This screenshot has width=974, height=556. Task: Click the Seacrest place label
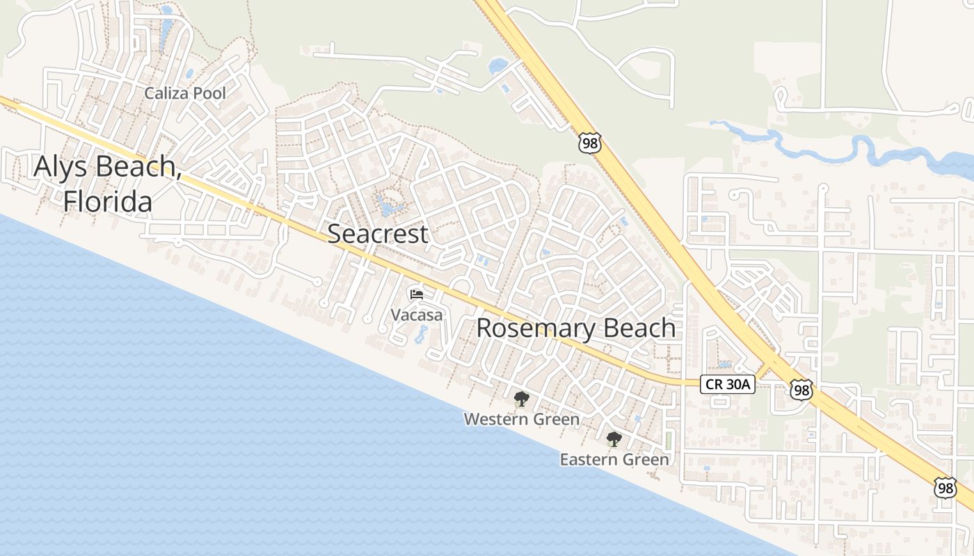pos(378,234)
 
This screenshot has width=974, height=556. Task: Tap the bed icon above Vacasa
pos(417,295)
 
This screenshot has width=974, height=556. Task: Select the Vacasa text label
pos(416,315)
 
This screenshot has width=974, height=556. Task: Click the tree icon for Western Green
pos(521,399)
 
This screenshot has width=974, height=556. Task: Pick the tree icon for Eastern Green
pos(614,439)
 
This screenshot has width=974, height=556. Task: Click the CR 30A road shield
pos(727,384)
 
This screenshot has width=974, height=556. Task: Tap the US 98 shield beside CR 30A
pos(801,390)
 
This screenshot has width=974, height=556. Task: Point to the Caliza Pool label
pos(185,93)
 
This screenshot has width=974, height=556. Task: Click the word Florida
pos(108,202)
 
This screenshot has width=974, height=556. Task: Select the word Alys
pos(61,166)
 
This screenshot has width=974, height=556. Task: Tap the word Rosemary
pos(535,328)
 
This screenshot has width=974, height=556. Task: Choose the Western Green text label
pos(521,419)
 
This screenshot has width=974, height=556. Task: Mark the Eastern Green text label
pos(614,459)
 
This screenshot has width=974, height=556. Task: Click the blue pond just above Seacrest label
pos(386,206)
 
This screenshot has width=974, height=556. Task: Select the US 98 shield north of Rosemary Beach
pos(589,143)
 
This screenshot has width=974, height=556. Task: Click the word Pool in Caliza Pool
pos(209,93)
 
